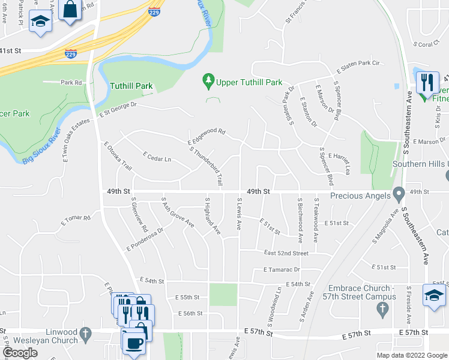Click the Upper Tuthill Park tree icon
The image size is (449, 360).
point(208,80)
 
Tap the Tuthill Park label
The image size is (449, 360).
point(131,86)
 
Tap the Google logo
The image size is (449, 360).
point(20,353)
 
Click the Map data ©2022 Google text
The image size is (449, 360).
point(411,355)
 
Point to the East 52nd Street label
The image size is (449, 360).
point(286,253)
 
